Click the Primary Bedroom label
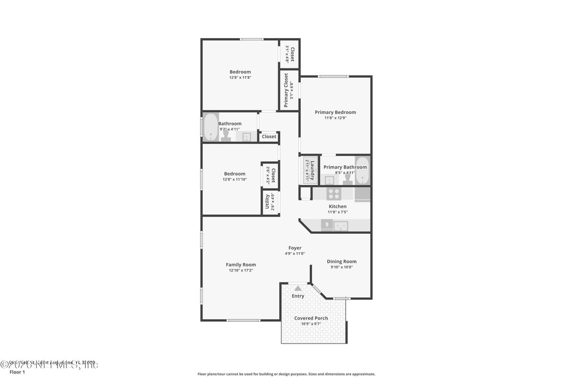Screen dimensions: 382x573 [335, 113]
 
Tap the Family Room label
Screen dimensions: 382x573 [240, 265]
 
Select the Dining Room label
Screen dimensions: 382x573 [341, 261]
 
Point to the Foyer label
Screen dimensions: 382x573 [295, 248]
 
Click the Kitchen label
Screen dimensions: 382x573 [338, 206]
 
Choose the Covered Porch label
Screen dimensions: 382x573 [311, 318]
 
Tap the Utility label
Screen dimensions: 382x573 [267, 202]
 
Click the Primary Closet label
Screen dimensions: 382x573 [286, 90]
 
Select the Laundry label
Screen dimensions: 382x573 [313, 171]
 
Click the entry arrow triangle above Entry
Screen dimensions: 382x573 [298, 288]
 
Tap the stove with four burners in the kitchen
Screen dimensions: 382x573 [334, 193]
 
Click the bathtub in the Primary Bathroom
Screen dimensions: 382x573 [362, 171]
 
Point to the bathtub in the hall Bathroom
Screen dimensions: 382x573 [210, 127]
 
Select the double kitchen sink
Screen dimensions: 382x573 [341, 226]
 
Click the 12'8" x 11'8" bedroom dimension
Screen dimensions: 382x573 [240, 77]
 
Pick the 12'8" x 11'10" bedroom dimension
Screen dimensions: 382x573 [235, 180]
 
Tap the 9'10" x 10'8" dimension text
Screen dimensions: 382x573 [341, 267]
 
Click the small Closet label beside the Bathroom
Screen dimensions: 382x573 [269, 137]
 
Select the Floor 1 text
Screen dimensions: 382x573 [17, 372]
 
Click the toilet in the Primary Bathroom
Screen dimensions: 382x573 [347, 179]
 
